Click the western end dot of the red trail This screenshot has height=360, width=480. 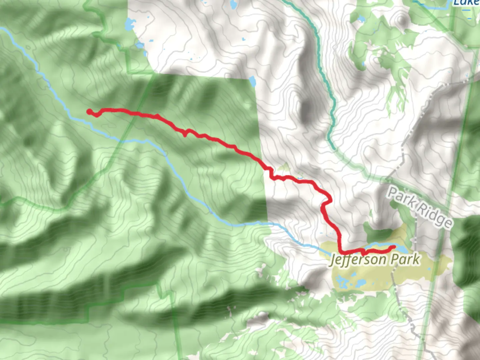pos(89,112)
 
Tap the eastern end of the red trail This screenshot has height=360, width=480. pos(394,247)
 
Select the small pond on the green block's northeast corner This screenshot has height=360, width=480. pos(252,81)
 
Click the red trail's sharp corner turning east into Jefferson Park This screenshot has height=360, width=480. pos(341,251)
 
